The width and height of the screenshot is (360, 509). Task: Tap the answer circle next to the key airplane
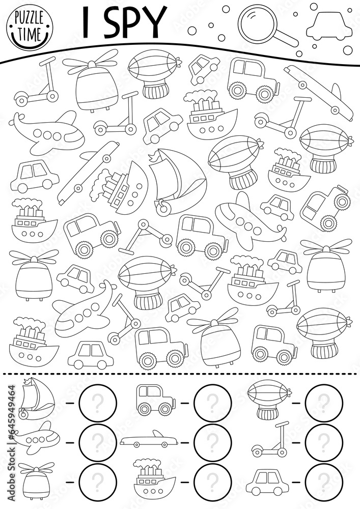pyautogui.click(x=98, y=439)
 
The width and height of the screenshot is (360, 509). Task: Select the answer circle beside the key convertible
pyautogui.click(x=213, y=439)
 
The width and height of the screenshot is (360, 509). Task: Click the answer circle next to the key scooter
pyautogui.click(x=324, y=439)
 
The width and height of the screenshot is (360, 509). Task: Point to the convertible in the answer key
pyautogui.click(x=149, y=439)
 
